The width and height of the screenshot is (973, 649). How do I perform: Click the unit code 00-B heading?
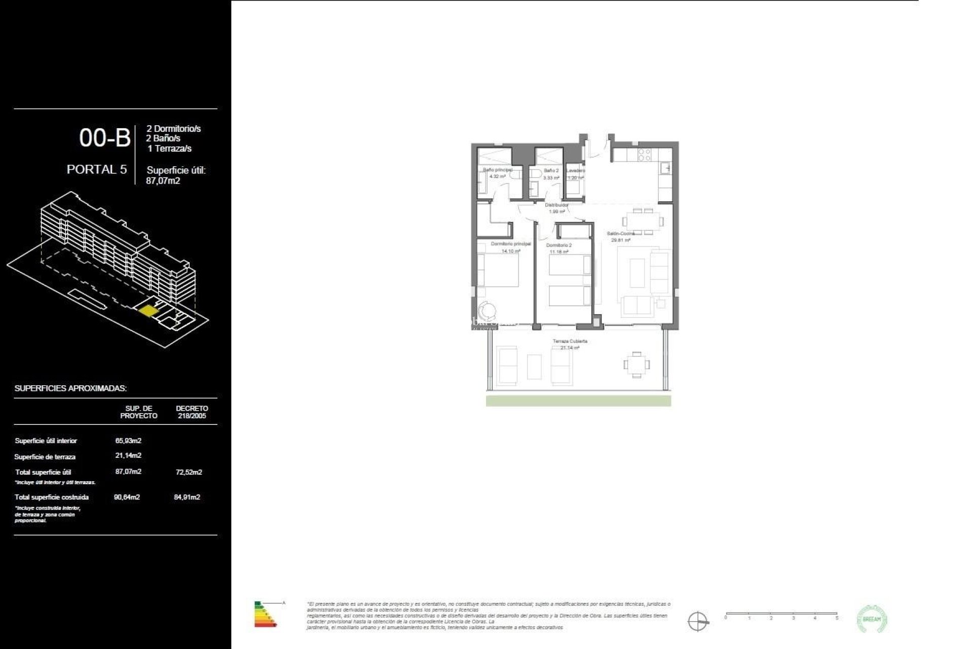point(104,137)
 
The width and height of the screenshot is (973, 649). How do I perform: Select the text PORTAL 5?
point(97,169)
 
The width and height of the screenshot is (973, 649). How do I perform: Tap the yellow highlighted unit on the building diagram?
point(148,310)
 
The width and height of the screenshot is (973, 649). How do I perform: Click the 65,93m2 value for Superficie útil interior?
point(128,441)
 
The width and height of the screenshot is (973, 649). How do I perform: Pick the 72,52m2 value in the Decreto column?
point(189,472)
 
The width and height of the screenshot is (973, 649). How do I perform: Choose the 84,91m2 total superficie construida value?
point(187,497)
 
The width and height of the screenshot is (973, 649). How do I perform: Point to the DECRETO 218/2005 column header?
point(192,412)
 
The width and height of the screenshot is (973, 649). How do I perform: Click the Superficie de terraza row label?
point(45,457)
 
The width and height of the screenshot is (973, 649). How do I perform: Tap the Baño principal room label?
point(497,170)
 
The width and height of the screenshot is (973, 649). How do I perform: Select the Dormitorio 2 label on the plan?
point(558,245)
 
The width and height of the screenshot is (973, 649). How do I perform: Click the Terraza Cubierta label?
point(570,341)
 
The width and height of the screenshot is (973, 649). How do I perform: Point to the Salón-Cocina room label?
point(621,234)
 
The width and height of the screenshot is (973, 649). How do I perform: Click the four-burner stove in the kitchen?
point(644,155)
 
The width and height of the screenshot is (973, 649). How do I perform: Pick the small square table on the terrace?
point(637,365)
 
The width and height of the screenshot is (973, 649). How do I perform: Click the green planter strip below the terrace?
point(578,401)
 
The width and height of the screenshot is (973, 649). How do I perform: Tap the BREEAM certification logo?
point(872,619)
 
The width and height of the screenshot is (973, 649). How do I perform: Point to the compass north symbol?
point(698,621)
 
